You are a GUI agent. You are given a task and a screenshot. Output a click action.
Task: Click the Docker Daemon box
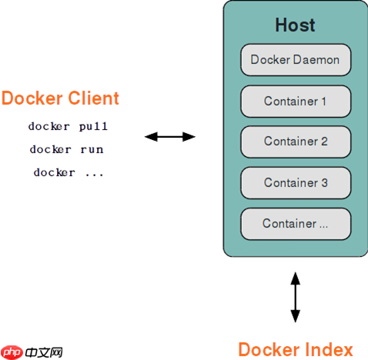point(296,60)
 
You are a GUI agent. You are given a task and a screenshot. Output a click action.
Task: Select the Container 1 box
point(296,101)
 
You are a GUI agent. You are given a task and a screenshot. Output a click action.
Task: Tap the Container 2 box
point(296,142)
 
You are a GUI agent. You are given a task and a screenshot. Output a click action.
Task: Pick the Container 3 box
point(296,182)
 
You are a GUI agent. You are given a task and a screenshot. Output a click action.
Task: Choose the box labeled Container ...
point(296,223)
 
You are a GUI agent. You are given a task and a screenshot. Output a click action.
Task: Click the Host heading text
point(295,25)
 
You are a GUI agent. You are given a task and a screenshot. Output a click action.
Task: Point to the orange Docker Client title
point(60,98)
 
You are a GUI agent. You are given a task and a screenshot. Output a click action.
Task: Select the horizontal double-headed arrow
point(170,137)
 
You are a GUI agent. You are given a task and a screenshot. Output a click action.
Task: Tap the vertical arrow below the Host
point(295,296)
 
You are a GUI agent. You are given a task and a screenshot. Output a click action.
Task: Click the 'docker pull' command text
point(68,125)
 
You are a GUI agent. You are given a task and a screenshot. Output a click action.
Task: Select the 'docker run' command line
point(66,149)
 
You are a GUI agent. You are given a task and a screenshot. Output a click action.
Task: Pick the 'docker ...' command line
point(68,173)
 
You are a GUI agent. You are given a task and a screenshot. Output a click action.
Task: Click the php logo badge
point(11,351)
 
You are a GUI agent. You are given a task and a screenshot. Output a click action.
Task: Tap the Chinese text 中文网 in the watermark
point(43,352)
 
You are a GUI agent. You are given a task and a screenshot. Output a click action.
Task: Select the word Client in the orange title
point(94,98)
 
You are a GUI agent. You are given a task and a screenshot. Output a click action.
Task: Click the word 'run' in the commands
point(92,149)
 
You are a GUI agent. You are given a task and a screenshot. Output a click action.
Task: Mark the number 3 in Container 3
point(324,182)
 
